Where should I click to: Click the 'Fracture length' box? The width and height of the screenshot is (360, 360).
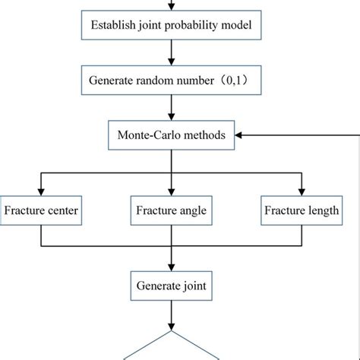pyautogui.click(x=301, y=210)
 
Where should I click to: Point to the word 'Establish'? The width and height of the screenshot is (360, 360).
pyautogui.click(x=113, y=28)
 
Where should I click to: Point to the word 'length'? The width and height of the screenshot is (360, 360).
pyautogui.click(x=322, y=210)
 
